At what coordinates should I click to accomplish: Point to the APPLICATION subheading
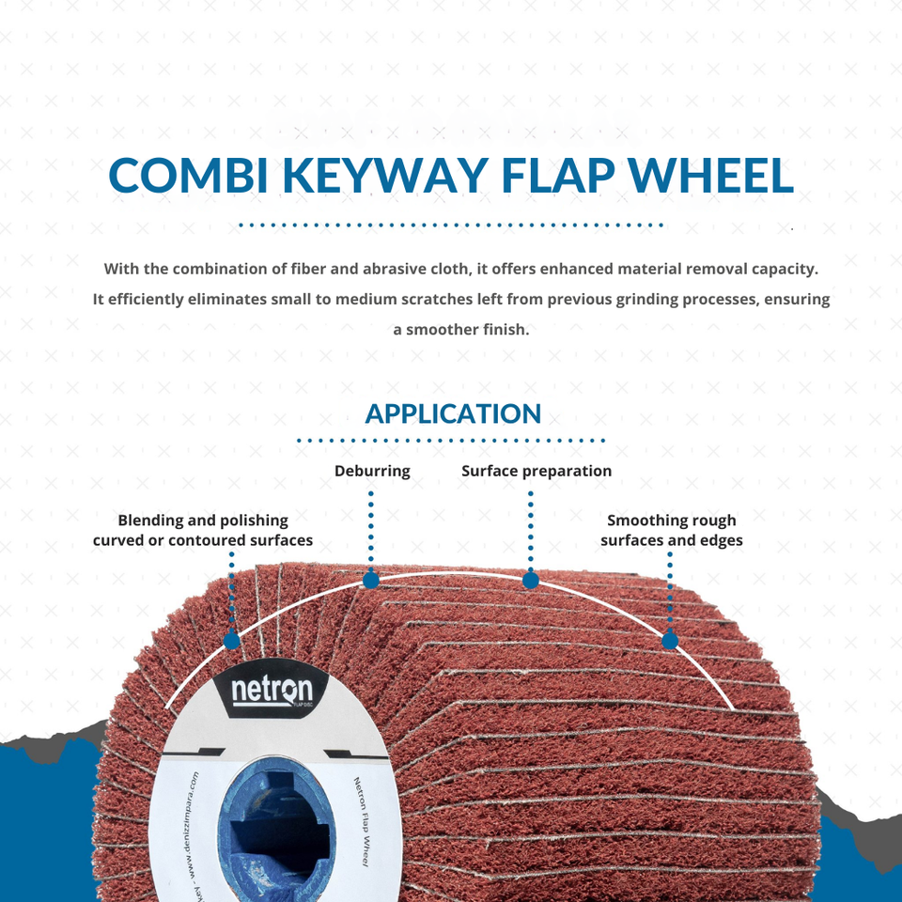453,413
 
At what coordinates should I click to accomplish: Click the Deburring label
372,471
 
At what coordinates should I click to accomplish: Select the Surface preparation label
537,471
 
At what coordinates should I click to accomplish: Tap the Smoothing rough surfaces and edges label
672,530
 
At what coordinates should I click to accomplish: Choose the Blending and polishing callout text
203,530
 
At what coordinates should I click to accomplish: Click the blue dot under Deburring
371,581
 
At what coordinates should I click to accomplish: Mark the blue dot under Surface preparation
531,581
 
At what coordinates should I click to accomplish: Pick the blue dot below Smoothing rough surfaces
670,642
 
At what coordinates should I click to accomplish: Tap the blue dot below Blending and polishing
231,642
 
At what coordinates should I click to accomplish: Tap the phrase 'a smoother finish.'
461,330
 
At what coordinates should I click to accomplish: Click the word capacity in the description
783,269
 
